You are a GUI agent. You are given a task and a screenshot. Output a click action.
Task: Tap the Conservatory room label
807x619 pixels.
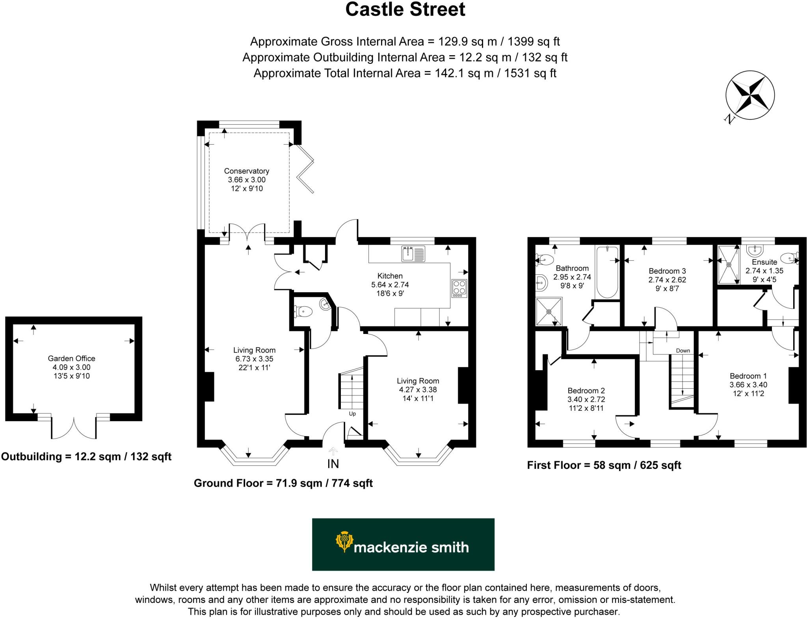(247, 171)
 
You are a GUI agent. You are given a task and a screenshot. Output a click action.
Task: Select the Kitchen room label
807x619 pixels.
(390, 276)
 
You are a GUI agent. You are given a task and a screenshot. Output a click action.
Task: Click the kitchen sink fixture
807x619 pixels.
(413, 254)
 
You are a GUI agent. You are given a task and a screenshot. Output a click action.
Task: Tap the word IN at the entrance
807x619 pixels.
(333, 464)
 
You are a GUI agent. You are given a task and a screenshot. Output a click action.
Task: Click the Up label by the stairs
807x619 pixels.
(352, 414)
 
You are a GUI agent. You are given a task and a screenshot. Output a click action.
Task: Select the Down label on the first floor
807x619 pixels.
(683, 351)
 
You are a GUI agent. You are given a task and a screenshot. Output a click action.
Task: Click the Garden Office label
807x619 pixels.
(71, 358)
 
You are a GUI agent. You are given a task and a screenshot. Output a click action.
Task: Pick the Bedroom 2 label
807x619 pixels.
(586, 391)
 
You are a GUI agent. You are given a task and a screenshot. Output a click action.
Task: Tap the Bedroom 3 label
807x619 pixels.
(667, 271)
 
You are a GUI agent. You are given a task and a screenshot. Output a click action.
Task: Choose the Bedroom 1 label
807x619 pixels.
(748, 376)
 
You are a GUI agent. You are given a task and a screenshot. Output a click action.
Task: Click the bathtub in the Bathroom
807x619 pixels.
(607, 272)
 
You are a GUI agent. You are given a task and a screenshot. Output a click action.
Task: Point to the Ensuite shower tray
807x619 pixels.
(729, 264)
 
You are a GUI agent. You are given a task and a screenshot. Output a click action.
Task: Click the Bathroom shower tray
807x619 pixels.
(549, 311)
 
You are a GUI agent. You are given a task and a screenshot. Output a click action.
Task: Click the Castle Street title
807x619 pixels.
(405, 9)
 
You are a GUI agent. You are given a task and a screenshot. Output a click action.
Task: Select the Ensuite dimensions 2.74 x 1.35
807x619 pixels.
(764, 271)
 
